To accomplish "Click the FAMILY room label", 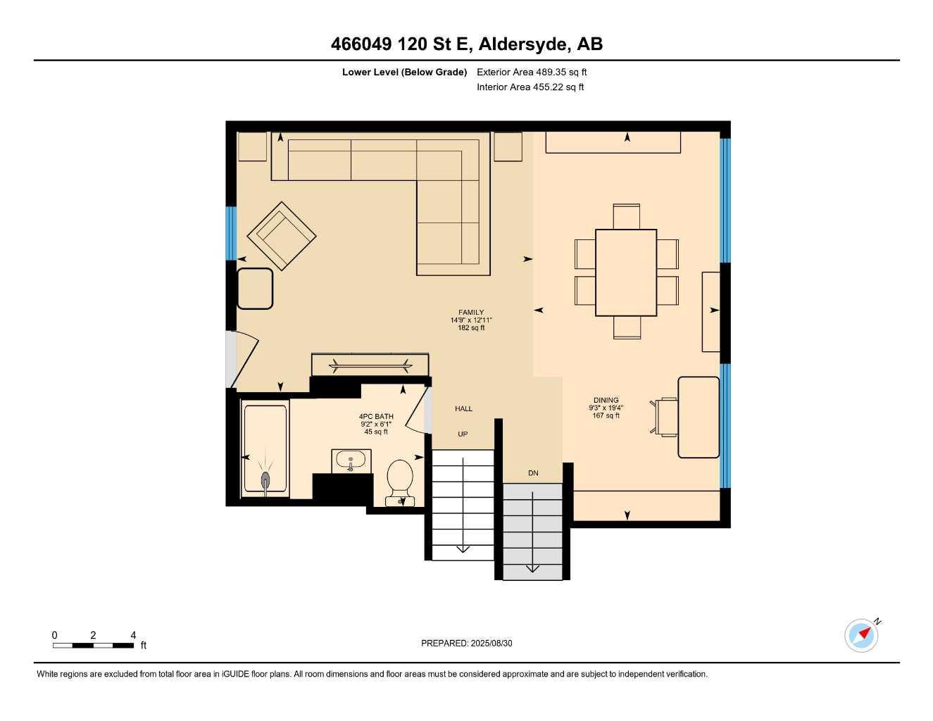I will point(471,313).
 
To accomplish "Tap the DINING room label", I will point(606,400).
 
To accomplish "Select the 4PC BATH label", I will point(376,416).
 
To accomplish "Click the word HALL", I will point(463,408).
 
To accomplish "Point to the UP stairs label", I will point(463,434).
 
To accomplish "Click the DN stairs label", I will point(533,473).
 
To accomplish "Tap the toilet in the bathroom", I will point(400,479).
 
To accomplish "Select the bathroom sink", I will point(351,461).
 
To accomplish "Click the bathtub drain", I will point(265,480).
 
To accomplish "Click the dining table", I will point(625,272).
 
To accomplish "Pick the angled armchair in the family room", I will point(282,236).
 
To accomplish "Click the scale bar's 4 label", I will point(133,635).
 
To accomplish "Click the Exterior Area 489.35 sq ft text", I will point(532,72).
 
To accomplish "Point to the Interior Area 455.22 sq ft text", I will point(530,87).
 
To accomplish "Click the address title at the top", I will point(466,44).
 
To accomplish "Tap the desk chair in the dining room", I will point(666,417).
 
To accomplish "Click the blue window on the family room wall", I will point(230,233).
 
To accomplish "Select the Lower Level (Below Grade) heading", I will point(404,72).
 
